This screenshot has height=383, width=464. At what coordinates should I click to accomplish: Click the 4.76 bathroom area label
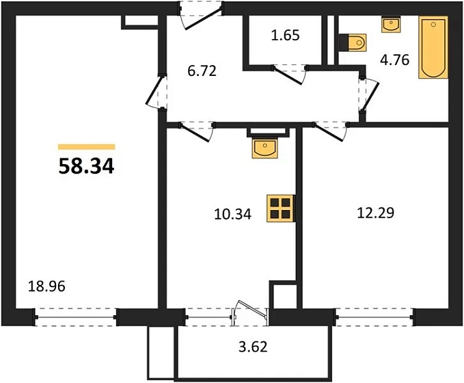click(x=394, y=59)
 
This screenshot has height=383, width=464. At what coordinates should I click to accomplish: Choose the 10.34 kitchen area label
click(x=232, y=214)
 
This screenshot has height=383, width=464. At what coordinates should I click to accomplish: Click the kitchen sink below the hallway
click(x=264, y=146)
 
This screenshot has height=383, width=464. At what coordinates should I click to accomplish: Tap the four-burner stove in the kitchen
click(x=281, y=207)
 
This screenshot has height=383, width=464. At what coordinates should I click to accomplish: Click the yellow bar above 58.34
click(x=87, y=146)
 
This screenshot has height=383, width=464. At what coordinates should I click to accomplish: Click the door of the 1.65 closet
click(x=288, y=71)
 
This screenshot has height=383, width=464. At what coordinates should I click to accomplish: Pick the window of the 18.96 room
click(x=76, y=318)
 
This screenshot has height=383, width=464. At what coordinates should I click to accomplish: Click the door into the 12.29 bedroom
click(x=331, y=129)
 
